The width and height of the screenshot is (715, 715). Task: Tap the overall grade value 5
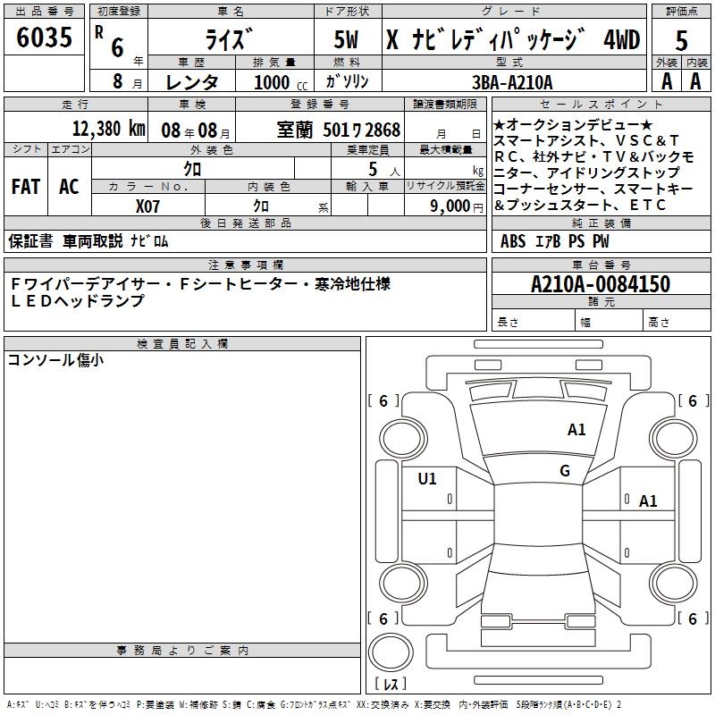pyautogui.click(x=681, y=42)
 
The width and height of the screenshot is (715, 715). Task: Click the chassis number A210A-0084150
pyautogui.click(x=600, y=284)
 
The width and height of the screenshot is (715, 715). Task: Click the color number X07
pyautogui.click(x=148, y=206)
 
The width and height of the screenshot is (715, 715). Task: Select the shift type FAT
pyautogui.click(x=26, y=187)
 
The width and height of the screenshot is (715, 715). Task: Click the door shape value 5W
pyautogui.click(x=347, y=40)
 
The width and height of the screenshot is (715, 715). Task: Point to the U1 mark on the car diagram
pyautogui.click(x=427, y=479)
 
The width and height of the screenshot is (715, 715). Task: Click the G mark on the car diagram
pyautogui.click(x=565, y=470)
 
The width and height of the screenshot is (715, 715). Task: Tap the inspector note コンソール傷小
pyautogui.click(x=55, y=360)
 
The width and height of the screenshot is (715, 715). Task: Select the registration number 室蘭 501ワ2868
pyautogui.click(x=339, y=130)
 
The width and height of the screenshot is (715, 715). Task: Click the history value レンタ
pyautogui.click(x=192, y=82)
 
